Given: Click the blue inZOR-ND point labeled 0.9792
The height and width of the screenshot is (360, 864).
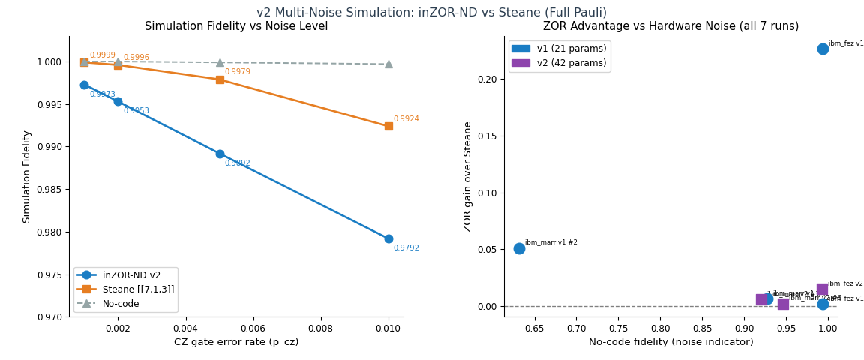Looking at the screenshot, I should coord(388,238).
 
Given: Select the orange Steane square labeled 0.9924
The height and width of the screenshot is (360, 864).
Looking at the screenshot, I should coord(388,126).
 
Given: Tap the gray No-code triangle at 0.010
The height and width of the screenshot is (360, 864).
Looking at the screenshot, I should coord(388,64).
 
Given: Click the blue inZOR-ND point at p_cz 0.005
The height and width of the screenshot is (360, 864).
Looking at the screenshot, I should coord(220,154).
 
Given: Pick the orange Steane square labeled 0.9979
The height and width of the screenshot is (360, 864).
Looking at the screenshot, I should coord(220,79).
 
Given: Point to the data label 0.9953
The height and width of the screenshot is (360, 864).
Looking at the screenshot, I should coord(136,111).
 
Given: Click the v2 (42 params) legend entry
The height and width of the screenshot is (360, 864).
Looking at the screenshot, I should coord(559,63).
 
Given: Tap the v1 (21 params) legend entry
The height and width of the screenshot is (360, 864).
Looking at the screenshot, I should coord(559,49).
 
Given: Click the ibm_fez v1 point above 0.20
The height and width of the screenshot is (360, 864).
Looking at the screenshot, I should coord(823,49).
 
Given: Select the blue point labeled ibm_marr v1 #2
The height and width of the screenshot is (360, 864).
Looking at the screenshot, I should coord(519,248).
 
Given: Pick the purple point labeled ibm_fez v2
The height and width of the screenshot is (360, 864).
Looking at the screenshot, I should coord(822,289).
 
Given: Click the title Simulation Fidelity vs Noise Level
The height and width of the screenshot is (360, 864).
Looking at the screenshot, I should coord(236,26).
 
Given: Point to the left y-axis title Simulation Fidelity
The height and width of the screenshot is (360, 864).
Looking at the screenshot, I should coord(26,176).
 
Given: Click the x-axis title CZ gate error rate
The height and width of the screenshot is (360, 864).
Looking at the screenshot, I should coord(236,342).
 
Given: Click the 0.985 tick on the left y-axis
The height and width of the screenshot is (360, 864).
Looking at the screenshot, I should coord(49,190).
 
